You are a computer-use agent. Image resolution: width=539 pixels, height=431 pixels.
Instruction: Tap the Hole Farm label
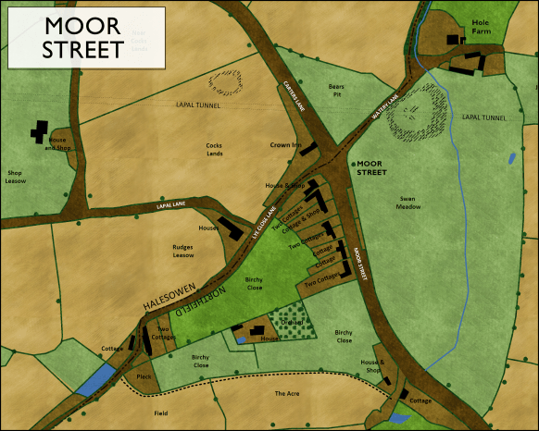[x=480, y=25]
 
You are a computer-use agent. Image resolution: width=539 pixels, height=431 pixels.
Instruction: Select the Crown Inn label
[x=283, y=145]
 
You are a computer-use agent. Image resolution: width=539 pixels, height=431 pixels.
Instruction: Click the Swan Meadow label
[x=409, y=202]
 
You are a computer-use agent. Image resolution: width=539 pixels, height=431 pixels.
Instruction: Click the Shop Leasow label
[x=15, y=177]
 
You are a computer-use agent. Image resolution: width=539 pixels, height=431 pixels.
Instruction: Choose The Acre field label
[x=286, y=393]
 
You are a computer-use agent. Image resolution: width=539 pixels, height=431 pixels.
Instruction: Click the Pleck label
[x=143, y=377]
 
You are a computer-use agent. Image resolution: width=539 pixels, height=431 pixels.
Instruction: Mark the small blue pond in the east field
[x=510, y=159]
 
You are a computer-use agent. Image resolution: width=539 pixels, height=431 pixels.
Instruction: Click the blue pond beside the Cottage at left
[x=97, y=379]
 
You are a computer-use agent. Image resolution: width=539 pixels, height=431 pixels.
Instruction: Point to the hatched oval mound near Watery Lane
[x=411, y=117]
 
